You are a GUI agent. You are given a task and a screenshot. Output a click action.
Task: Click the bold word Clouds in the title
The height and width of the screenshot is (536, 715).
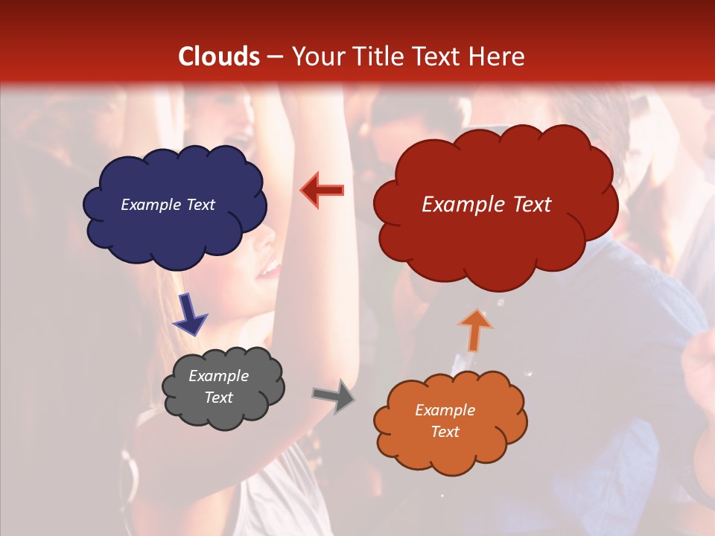pyautogui.click(x=219, y=57)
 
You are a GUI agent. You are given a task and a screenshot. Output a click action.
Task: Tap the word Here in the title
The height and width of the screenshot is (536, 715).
pyautogui.click(x=498, y=57)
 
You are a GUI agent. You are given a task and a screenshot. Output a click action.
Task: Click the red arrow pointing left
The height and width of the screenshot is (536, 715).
pyautogui.click(x=322, y=191)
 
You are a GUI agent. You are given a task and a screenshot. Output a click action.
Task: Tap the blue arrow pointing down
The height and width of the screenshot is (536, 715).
pyautogui.click(x=189, y=313)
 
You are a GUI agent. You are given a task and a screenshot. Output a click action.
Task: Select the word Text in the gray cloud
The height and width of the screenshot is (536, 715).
pyautogui.click(x=219, y=398)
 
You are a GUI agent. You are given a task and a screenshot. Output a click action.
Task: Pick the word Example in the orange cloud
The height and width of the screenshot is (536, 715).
pyautogui.click(x=445, y=410)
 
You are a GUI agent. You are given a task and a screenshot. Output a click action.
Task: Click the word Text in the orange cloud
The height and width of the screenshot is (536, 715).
pyautogui.click(x=445, y=432)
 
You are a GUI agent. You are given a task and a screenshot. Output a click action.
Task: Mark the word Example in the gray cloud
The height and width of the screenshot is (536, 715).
pyautogui.click(x=218, y=376)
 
